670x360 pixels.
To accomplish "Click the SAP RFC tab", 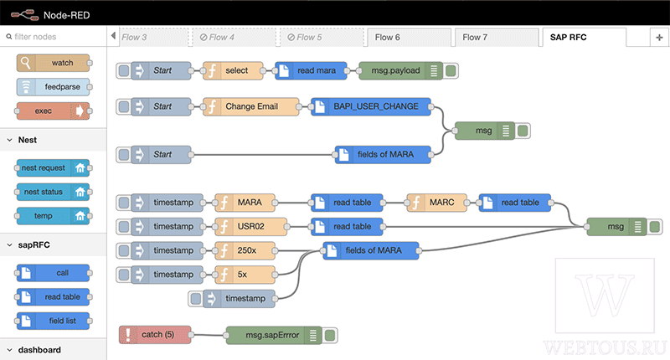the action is coord(584,37).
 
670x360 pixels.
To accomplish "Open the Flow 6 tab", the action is coord(409,38).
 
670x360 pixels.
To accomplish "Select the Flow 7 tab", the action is coord(497,38).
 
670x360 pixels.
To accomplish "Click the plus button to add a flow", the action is coord(659,38).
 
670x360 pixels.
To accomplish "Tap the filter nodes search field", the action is coord(54,37).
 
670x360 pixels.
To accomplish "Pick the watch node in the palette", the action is coord(54,63).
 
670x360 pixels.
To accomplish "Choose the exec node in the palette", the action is coord(53,111).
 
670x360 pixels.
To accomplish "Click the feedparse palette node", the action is coord(54,87).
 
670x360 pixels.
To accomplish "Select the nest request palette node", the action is coord(53,167).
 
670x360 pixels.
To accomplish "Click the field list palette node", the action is coord(53,321).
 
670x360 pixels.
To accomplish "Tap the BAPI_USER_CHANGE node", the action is coord(371,106).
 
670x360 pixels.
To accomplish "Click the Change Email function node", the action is coord(250,106).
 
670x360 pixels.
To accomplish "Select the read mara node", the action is coord(311,70).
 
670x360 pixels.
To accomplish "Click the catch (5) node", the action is coord(155,335).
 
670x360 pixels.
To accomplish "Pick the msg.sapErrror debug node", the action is coord(281,335).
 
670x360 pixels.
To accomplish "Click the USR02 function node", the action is coord(250,226).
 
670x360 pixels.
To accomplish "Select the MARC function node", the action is coord(436,203).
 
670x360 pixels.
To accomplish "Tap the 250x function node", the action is coord(245,250).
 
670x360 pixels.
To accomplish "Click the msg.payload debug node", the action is coord(408,70).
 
